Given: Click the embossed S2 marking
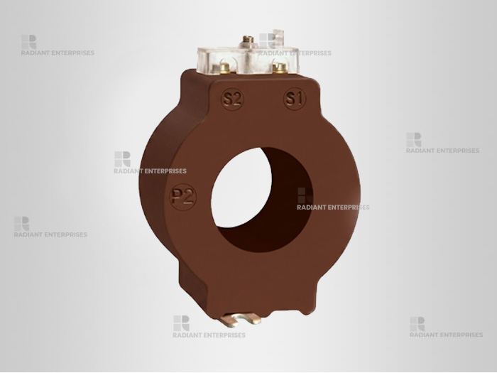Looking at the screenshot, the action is coord(232,99).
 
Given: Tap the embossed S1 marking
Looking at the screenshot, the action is coord(295,99).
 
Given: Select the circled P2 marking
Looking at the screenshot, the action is coord(183,197).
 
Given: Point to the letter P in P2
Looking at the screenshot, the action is coord(176,198).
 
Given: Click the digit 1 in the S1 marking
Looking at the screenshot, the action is coord(299,98).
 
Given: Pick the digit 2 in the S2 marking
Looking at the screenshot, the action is coord(236,99).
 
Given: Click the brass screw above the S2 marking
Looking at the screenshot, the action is coord(224,68).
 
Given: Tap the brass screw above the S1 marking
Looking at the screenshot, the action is coord(279,68).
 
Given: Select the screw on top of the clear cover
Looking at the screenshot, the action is coord(248,41).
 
